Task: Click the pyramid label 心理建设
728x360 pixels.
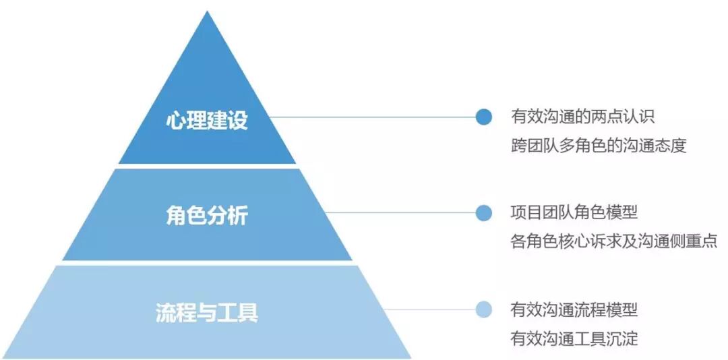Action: (x=207, y=120)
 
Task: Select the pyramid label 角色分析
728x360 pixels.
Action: (x=207, y=216)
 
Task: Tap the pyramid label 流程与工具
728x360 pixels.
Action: (x=207, y=313)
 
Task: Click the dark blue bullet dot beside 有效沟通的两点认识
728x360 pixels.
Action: (x=483, y=117)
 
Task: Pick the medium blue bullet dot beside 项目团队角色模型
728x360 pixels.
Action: (x=483, y=213)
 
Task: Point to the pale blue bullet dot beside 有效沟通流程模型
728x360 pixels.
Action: (x=483, y=309)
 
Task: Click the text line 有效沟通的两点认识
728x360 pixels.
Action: (x=582, y=117)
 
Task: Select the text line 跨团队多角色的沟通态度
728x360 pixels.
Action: (x=599, y=145)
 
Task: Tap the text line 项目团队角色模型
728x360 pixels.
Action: (x=574, y=212)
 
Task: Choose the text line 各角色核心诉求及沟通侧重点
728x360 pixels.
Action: (x=613, y=241)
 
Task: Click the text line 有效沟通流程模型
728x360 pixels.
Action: (x=574, y=309)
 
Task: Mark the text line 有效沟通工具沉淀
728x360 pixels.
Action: (x=574, y=337)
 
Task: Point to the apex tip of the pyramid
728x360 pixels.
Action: (x=208, y=12)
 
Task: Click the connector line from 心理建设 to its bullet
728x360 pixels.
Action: (x=371, y=117)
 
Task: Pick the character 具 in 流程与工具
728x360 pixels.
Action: (x=247, y=313)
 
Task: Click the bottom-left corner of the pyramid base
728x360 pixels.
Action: (x=5, y=357)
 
